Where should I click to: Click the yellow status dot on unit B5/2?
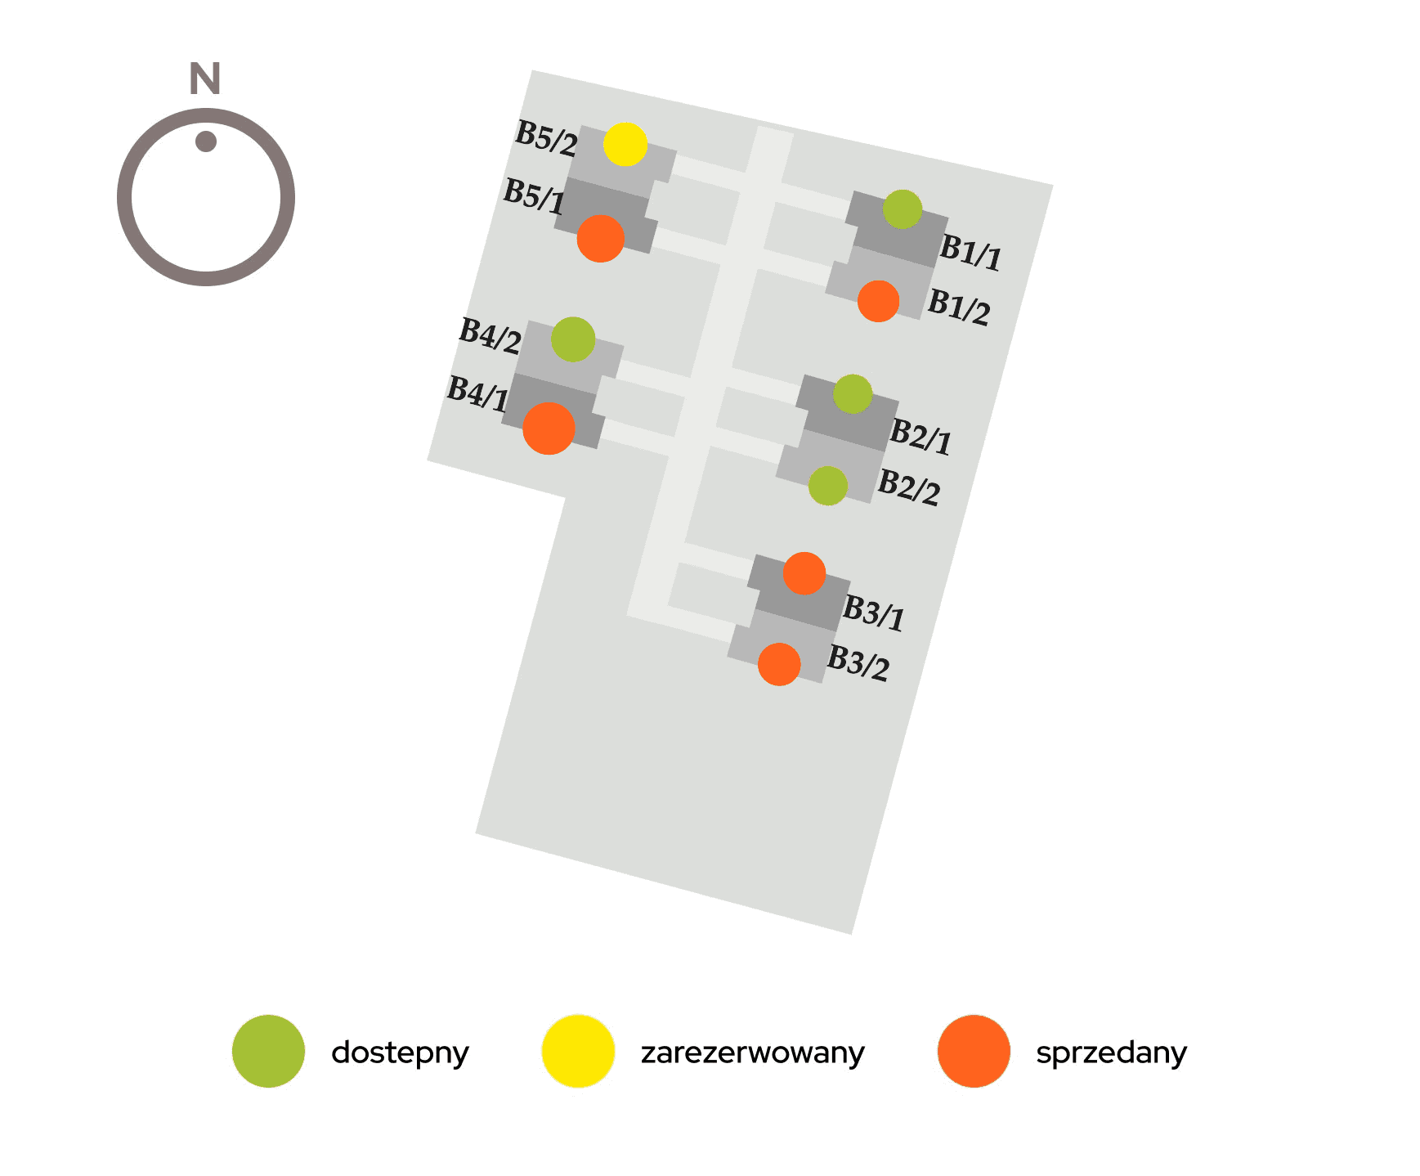tap(625, 145)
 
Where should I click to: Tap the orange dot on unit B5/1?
tap(601, 239)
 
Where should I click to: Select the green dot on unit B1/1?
tap(903, 209)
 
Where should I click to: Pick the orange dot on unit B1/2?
tap(879, 301)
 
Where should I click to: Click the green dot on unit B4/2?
tap(573, 339)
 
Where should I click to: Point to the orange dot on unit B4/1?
tap(549, 428)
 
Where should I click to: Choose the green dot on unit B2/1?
tap(853, 394)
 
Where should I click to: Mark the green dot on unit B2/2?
tap(828, 486)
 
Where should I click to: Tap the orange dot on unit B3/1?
tap(804, 573)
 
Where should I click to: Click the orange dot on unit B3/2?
tap(779, 664)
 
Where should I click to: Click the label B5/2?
tap(546, 138)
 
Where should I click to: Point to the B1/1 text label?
tap(970, 251)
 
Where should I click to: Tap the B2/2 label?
tap(908, 487)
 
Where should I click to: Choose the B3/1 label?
tap(874, 613)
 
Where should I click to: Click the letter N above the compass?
tap(205, 79)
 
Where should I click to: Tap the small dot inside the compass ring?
tap(206, 141)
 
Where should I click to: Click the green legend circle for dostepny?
tap(268, 1051)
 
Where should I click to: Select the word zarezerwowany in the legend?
tap(752, 1053)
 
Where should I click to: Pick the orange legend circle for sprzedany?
tap(974, 1051)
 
